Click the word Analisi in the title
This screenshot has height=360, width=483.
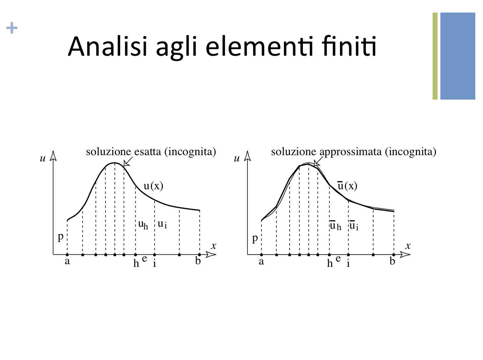107,46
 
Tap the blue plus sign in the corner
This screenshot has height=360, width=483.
12,28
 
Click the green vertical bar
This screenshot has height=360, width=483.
435,56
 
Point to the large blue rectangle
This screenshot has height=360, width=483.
458,56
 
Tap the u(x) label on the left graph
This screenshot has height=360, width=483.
153,186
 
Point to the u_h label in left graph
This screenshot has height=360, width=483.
143,225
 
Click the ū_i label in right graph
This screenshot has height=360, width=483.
354,225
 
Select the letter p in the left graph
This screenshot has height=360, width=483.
60,237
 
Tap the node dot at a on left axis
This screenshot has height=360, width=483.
67,255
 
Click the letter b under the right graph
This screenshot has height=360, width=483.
392,261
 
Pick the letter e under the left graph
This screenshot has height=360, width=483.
144,259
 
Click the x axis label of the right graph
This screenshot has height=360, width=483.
408,246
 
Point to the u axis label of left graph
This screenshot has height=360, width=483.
43,158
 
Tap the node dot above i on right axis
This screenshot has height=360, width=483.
348,255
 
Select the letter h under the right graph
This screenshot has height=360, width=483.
330,263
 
